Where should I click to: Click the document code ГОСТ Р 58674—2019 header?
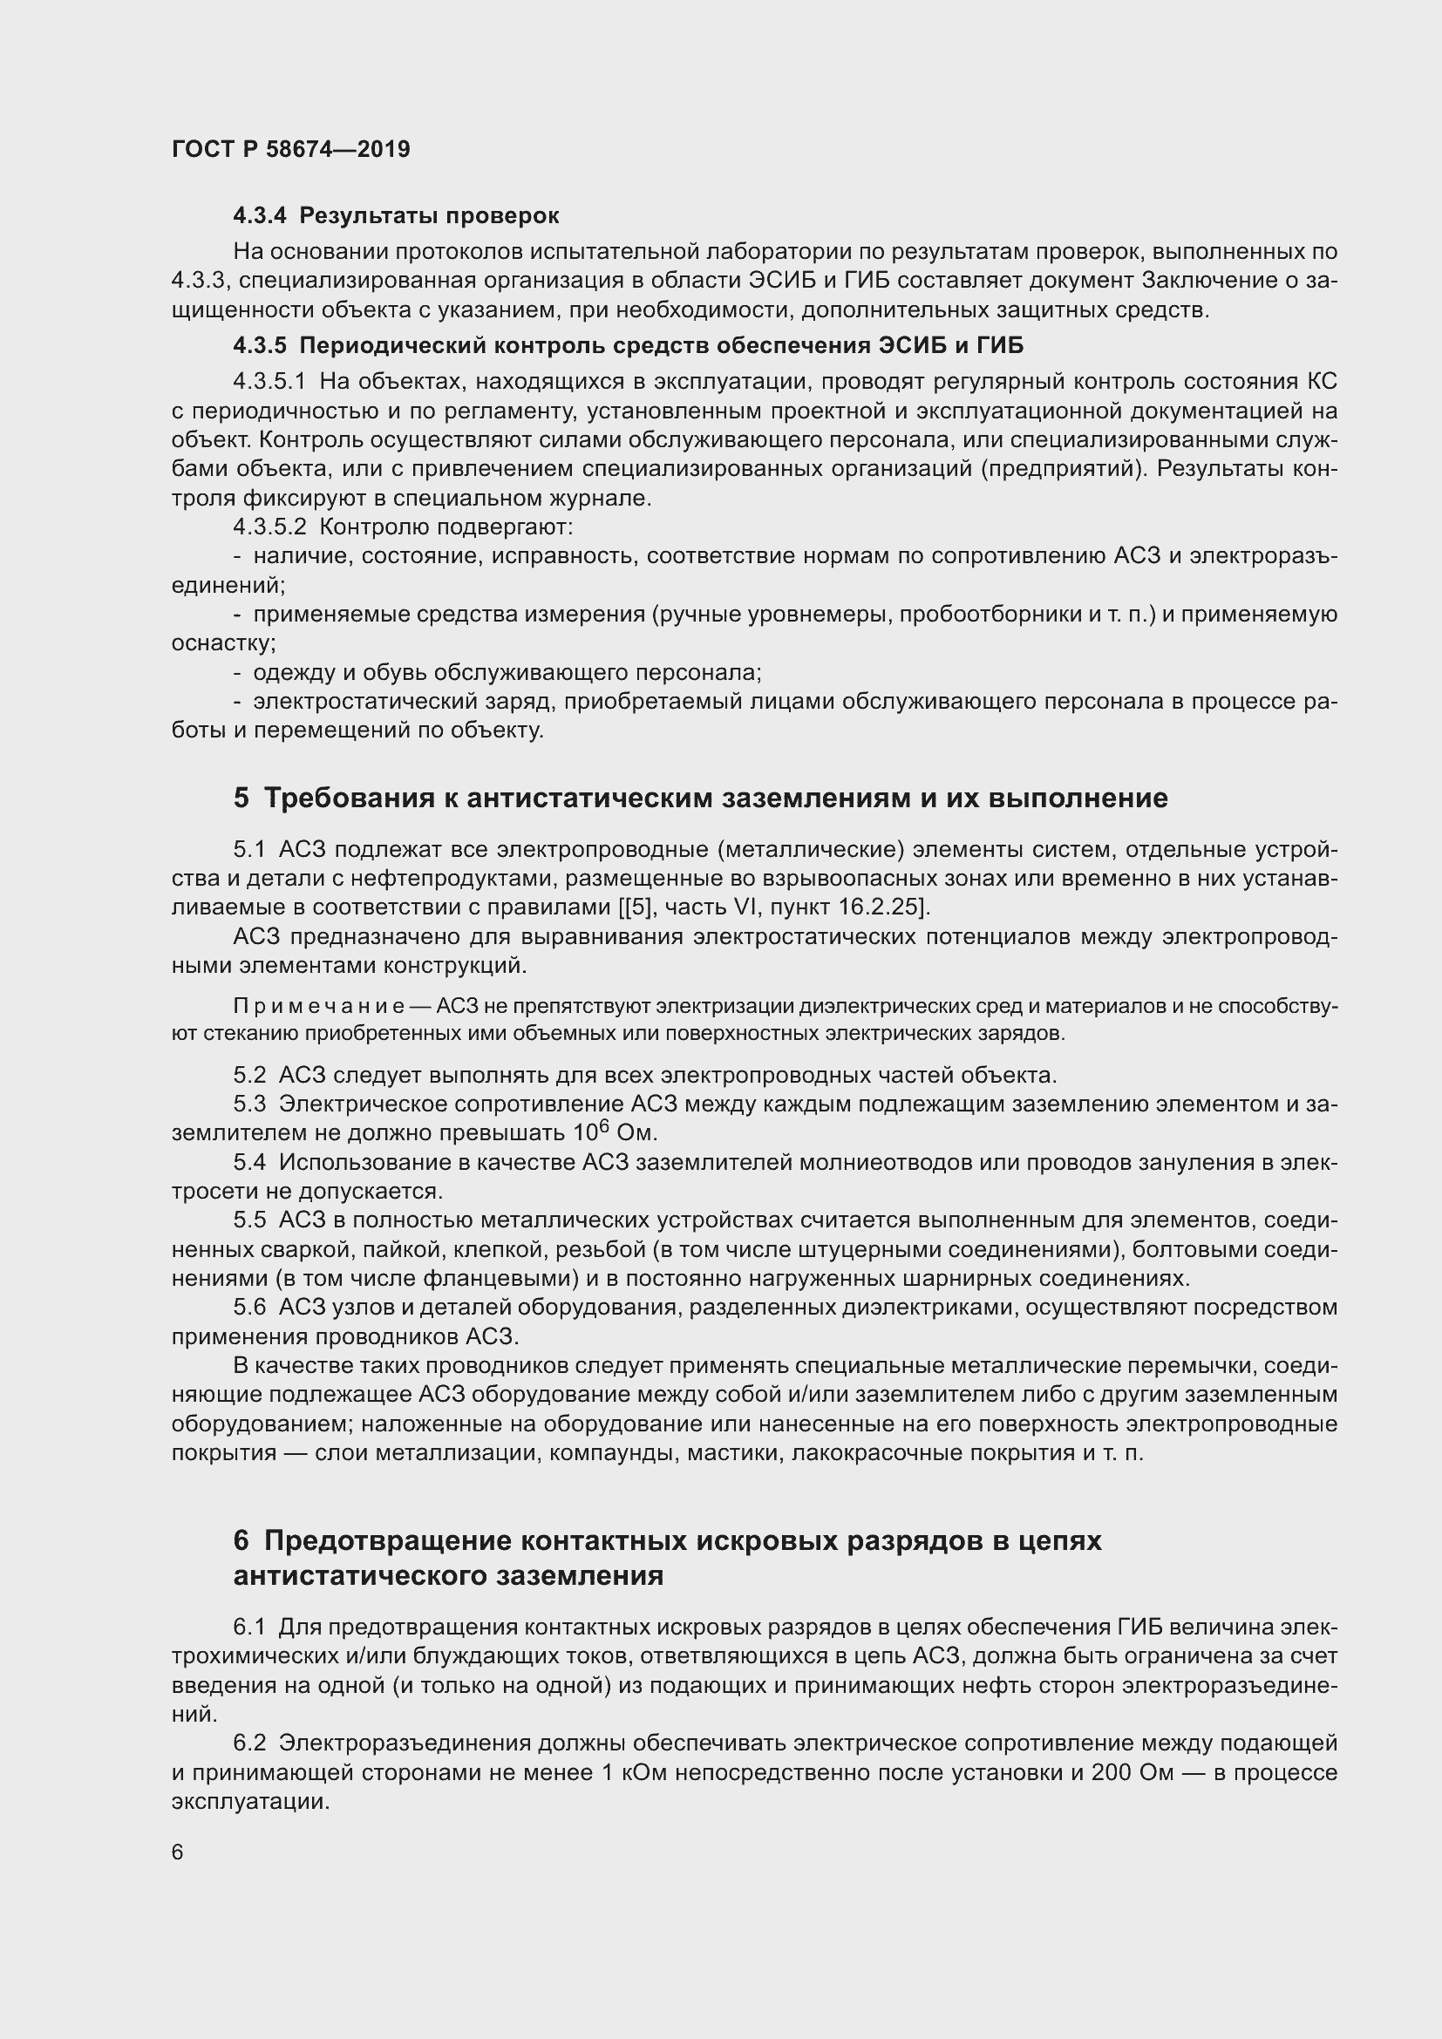pyautogui.click(x=290, y=149)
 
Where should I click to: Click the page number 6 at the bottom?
pyautogui.click(x=178, y=1852)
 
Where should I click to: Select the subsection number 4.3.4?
pyautogui.click(x=260, y=216)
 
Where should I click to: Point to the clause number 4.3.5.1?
pyautogui.click(x=270, y=382)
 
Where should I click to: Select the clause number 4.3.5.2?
pyautogui.click(x=270, y=527)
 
